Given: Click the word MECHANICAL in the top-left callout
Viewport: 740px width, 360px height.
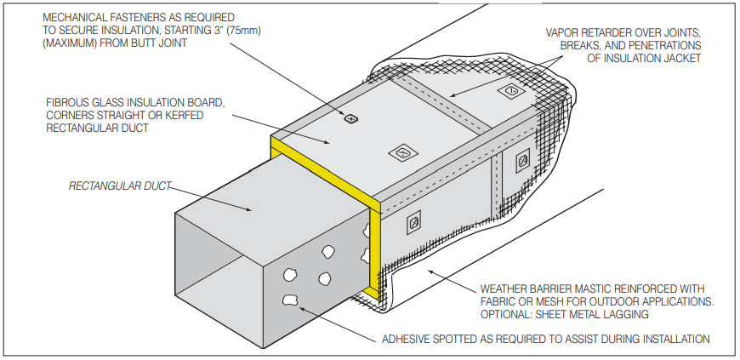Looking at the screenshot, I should pyautogui.click(x=74, y=16).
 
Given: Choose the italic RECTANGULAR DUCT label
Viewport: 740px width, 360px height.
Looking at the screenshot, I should pyautogui.click(x=118, y=184).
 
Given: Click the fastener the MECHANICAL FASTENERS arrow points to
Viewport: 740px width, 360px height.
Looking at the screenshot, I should pyautogui.click(x=348, y=118).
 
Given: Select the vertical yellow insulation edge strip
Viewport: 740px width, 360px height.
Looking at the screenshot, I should pyautogui.click(x=374, y=247).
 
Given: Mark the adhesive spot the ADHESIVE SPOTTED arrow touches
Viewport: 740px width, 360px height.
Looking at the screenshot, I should pyautogui.click(x=290, y=299).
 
